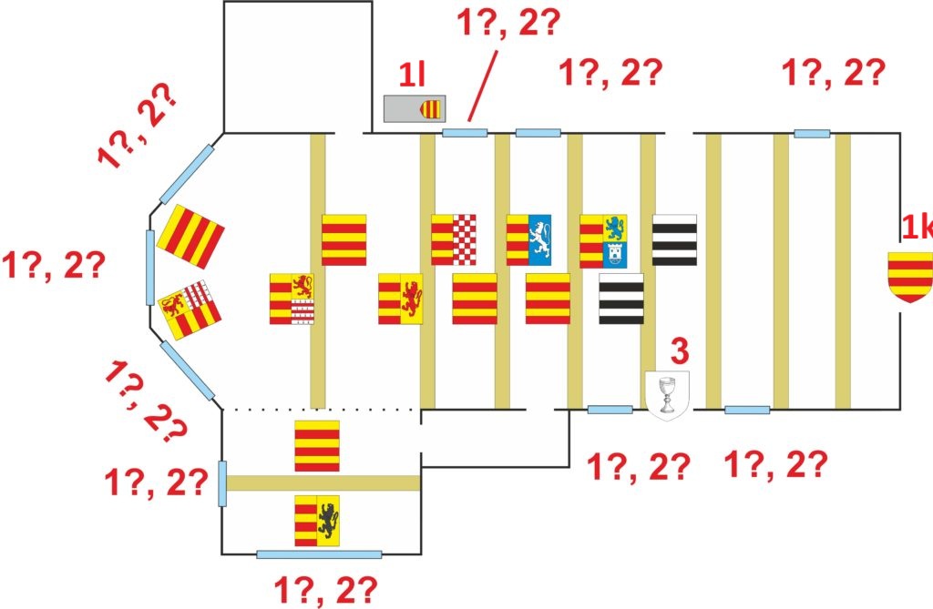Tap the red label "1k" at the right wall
[917, 228]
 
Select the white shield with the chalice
[667, 392]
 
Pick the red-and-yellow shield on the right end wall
[910, 279]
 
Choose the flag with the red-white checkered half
[454, 240]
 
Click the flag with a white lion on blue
[528, 240]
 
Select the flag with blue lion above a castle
[602, 241]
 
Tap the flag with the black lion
[317, 521]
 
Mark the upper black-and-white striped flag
[675, 240]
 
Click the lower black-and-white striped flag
[621, 299]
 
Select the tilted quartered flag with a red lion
[190, 307]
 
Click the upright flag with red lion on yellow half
[401, 299]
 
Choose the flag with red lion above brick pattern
[292, 299]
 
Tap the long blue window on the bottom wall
[318, 553]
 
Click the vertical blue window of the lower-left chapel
[221, 483]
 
